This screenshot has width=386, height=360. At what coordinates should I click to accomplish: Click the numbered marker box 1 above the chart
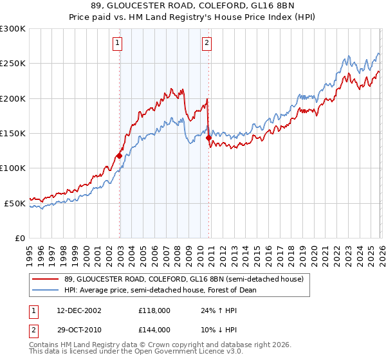point(118,44)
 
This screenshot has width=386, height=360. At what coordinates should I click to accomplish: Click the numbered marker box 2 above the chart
point(207,44)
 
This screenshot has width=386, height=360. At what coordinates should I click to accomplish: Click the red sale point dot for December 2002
point(120,156)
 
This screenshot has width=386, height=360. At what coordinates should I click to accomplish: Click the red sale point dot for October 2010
point(208,138)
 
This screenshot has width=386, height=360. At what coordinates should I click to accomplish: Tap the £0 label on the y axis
point(19,238)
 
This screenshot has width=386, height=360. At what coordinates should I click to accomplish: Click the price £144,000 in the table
point(154,329)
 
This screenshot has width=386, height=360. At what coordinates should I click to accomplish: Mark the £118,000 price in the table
point(154,310)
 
